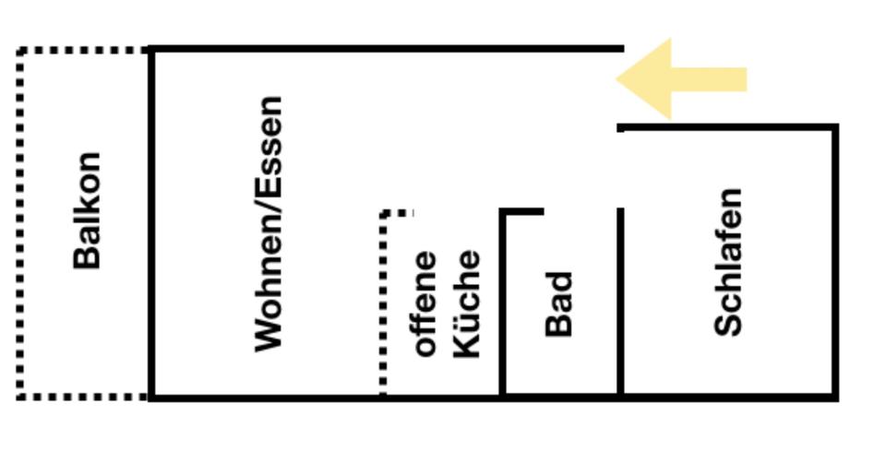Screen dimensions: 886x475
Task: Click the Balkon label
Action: [87, 210]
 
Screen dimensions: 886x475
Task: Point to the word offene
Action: [425, 303]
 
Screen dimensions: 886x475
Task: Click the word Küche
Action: [467, 303]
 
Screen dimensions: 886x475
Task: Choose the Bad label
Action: [559, 304]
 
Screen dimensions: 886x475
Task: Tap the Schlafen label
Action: [728, 262]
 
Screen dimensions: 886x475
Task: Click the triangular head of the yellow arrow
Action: [643, 79]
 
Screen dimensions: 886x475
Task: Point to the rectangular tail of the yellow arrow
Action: [709, 79]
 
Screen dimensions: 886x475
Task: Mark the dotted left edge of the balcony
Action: [21, 223]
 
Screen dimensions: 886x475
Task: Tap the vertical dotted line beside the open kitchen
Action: [383, 303]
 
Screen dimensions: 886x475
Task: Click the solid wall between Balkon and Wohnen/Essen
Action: [151, 223]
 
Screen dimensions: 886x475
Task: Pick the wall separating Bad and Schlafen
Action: [620, 302]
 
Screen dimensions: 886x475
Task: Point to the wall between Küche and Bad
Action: [503, 303]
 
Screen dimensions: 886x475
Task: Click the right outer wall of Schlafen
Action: [835, 262]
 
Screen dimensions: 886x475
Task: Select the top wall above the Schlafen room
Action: [728, 127]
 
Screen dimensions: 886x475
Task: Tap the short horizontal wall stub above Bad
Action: [521, 212]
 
